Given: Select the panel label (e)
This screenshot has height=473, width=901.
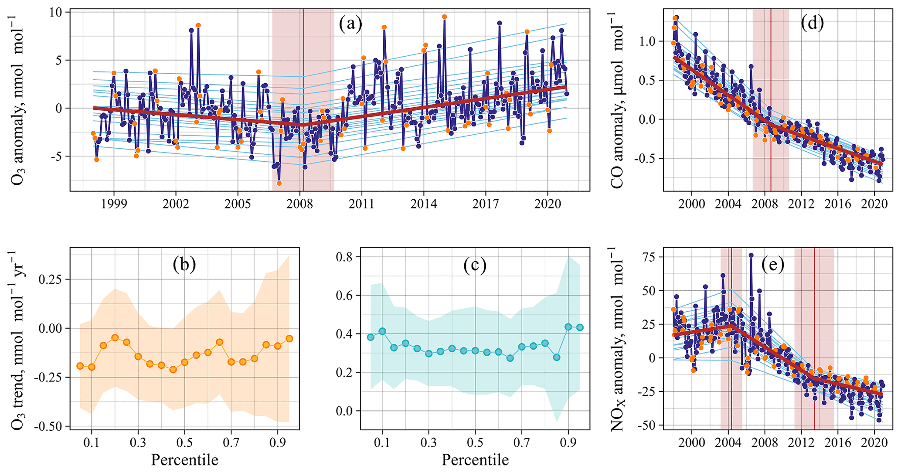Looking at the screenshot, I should click(x=773, y=264).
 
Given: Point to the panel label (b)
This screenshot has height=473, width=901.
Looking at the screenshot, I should click(x=184, y=264).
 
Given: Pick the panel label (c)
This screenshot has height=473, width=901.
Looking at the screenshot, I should click(x=475, y=265).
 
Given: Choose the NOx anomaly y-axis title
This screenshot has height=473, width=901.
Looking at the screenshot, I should click(x=617, y=339).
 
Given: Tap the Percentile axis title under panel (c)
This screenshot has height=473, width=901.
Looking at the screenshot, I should click(x=475, y=460).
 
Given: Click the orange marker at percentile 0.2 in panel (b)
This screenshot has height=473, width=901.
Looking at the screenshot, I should click(x=115, y=337).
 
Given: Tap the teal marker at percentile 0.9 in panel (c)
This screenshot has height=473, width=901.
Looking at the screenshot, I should click(x=568, y=327).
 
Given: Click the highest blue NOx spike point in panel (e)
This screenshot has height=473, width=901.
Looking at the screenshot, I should click(x=751, y=255).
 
